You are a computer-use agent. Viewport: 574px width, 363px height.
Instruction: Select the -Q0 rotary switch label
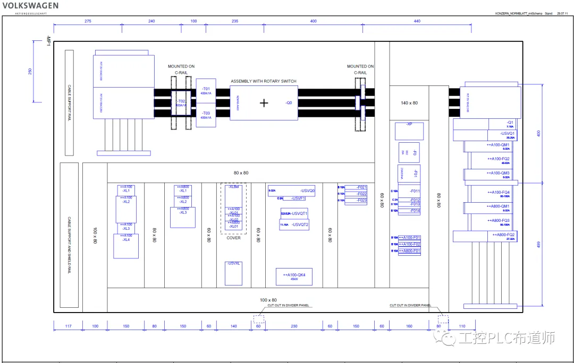[x=289, y=103]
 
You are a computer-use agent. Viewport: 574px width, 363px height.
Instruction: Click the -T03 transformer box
[x=206, y=115]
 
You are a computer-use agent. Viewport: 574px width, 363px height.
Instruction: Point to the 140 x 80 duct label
[x=409, y=103]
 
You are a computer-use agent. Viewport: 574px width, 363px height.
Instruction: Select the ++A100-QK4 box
[x=294, y=276]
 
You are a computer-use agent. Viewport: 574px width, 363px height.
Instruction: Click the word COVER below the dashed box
[x=234, y=238]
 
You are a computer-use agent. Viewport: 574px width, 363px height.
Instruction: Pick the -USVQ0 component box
[x=291, y=191]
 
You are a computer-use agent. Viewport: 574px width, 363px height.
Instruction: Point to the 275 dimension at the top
[x=88, y=21]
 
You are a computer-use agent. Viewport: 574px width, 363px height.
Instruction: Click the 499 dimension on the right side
[x=538, y=244]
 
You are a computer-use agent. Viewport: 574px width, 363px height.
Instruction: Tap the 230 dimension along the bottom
[x=294, y=326]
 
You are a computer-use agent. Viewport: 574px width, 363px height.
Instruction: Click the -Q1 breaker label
[x=510, y=122]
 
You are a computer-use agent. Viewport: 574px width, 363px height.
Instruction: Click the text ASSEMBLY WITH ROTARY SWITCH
[x=264, y=81]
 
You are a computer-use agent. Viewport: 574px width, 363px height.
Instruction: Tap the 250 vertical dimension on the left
[x=30, y=72]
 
